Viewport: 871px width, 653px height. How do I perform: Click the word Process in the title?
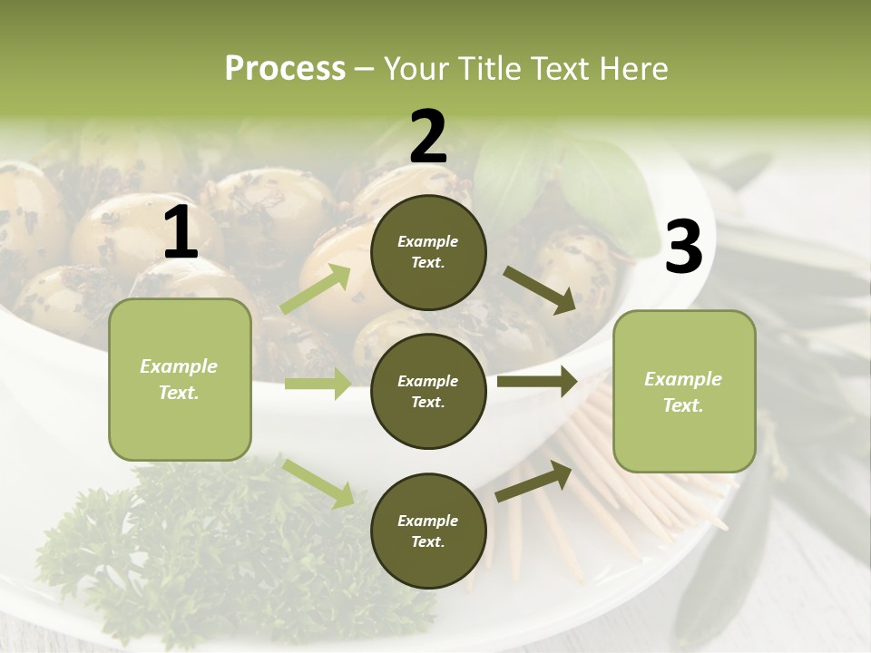(x=285, y=69)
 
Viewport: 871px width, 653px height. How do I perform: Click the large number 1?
(x=181, y=234)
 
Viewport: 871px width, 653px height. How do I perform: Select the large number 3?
(x=683, y=248)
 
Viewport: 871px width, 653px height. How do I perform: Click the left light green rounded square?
(x=180, y=379)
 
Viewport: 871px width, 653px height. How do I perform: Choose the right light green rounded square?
(x=684, y=391)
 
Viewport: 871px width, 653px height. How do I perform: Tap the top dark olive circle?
(x=428, y=252)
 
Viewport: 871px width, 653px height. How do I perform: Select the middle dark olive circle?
(x=428, y=391)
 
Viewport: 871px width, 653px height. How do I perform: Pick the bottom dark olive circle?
(x=428, y=531)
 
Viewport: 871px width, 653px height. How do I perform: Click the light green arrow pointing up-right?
(x=317, y=288)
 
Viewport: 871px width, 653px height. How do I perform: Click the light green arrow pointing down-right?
(x=318, y=482)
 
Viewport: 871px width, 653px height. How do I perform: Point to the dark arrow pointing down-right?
(x=540, y=290)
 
